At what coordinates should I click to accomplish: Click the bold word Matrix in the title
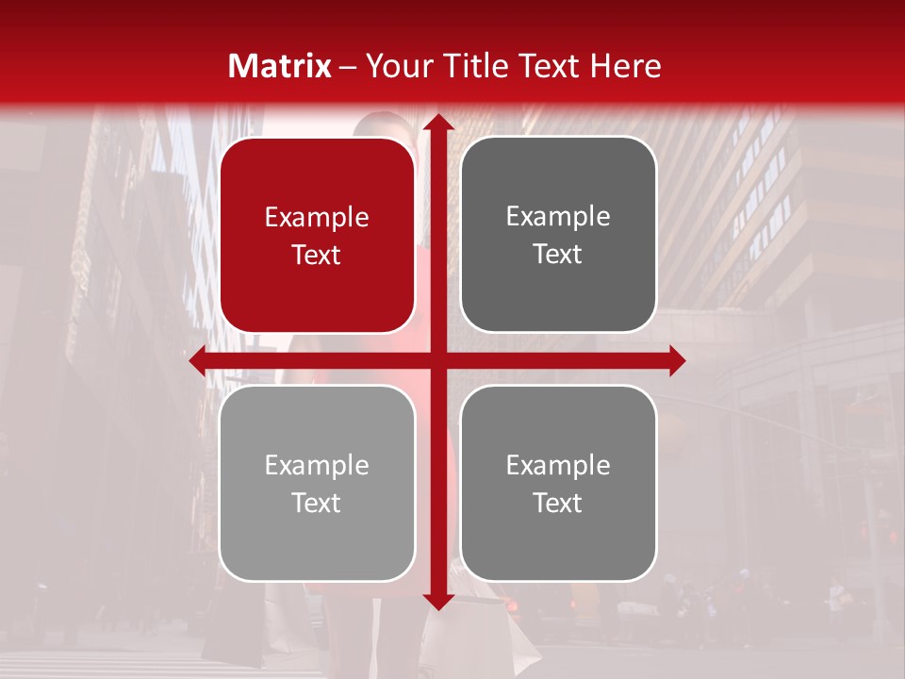[x=280, y=66]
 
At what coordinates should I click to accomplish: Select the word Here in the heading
[x=625, y=66]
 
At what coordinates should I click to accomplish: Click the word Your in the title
[x=397, y=66]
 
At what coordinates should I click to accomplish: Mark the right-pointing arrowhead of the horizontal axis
[x=676, y=360]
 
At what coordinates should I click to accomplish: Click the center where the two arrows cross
[x=437, y=360]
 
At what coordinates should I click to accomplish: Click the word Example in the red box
[x=317, y=217]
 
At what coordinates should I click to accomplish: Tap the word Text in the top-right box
[x=558, y=254]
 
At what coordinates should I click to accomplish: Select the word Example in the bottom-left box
[x=317, y=465]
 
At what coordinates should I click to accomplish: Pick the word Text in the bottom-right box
[x=558, y=503]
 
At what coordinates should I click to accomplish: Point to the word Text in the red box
[x=317, y=255]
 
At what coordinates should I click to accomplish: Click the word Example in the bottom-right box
[x=558, y=465]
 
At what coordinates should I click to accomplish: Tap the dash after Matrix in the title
[x=348, y=67]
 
